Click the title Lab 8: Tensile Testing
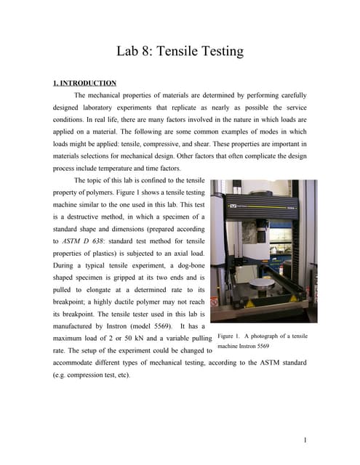pyautogui.click(x=180, y=52)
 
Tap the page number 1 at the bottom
pyautogui.click(x=307, y=440)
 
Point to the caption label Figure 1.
pyautogui.click(x=233, y=336)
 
